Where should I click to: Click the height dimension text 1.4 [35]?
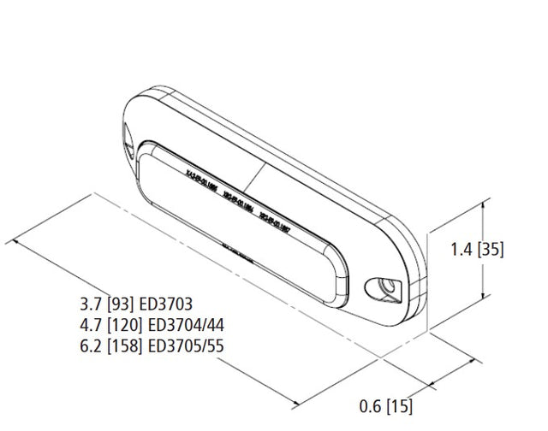coord(477,250)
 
